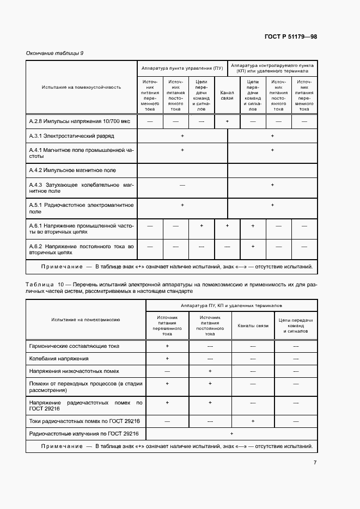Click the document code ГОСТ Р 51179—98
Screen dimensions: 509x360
click(x=290, y=37)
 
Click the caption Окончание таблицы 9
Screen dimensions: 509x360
click(x=54, y=53)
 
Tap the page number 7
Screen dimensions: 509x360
click(x=314, y=463)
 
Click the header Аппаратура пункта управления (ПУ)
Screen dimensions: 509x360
click(x=182, y=69)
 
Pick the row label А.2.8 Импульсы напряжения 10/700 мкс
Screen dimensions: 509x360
click(x=76, y=121)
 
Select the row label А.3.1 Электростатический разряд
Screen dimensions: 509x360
click(x=71, y=136)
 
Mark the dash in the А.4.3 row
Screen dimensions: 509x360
click(x=182, y=185)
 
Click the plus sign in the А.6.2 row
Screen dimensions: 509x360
click(x=253, y=247)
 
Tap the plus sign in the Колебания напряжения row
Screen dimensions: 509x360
click(x=167, y=358)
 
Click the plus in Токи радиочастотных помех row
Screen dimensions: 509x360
click(x=253, y=421)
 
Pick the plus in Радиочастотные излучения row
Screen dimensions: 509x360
click(x=231, y=433)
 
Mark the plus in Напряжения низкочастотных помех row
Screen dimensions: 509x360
click(x=210, y=371)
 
